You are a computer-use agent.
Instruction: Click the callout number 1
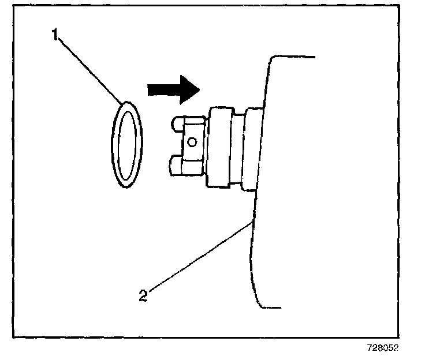(x=55, y=36)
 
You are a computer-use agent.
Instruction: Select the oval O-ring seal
(x=125, y=144)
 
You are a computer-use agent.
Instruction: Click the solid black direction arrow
(x=172, y=89)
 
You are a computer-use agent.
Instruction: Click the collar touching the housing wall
(x=251, y=149)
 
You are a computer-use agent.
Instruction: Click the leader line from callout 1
(x=90, y=69)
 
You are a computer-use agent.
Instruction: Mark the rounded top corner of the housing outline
(x=270, y=61)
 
